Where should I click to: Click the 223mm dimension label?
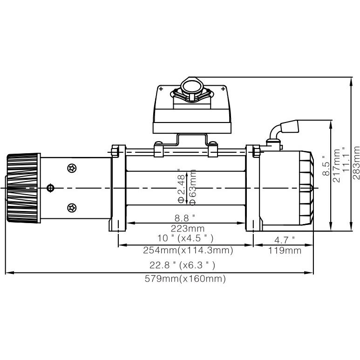click(x=185, y=228)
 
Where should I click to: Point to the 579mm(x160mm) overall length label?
click(x=185, y=279)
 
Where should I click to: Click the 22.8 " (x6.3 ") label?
click(x=183, y=265)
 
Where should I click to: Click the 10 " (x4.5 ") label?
click(x=185, y=238)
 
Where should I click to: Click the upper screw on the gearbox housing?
click(x=72, y=168)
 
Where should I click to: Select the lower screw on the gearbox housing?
click(x=72, y=207)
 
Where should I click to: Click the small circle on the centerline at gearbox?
click(x=51, y=188)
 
